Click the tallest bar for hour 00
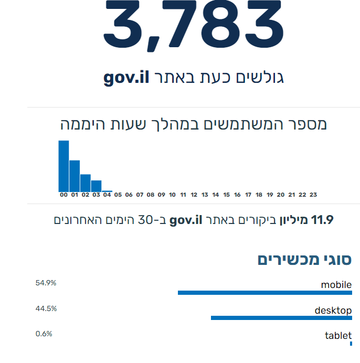63,166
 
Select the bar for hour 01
75,176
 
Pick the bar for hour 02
86,183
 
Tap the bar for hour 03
96,186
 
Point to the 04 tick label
107,195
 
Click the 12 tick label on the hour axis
194,195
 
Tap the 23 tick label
313,195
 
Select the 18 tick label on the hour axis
259,195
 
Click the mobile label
336,285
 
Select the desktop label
333,311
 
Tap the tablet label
338,336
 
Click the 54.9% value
46,283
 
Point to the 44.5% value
46,308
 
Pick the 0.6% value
44,334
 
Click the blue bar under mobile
264,292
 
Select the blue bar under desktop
281,318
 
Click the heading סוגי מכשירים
304,259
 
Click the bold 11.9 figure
323,219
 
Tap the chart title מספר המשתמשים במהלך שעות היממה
193,124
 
